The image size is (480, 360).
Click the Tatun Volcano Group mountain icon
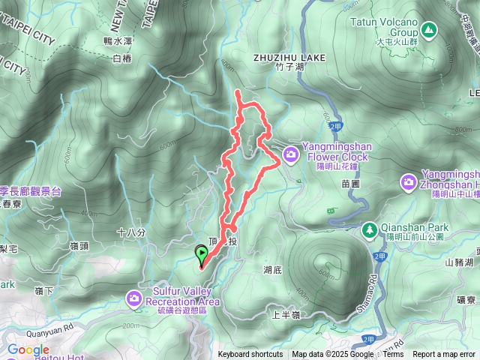pos(428,31)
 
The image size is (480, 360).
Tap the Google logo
pos(28,349)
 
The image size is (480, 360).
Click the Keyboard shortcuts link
pos(250,355)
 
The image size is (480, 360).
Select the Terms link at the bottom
pos(393,355)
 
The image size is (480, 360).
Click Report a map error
pos(445,355)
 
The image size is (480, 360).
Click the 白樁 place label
pos(121,58)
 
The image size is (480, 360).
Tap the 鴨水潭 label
pos(118,43)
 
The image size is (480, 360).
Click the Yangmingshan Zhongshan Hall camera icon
pos(409,181)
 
